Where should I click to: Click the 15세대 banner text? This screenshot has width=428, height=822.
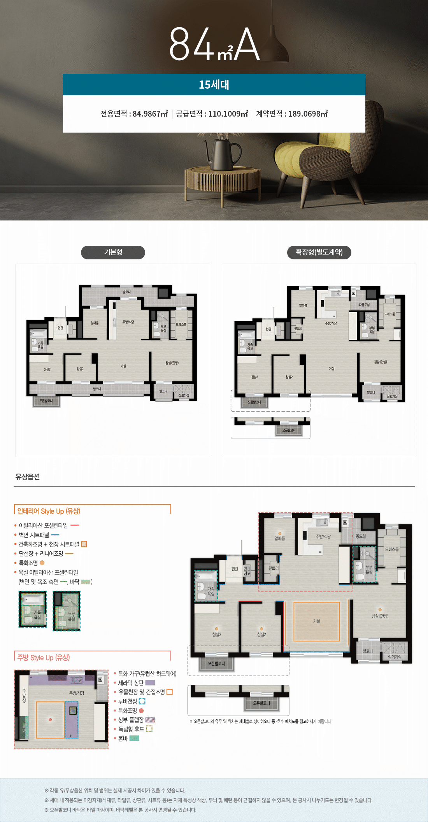click(214, 85)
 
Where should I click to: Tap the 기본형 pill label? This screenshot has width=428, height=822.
click(113, 252)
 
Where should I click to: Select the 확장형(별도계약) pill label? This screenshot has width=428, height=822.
click(319, 252)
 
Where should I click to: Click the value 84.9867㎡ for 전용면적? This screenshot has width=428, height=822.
click(150, 114)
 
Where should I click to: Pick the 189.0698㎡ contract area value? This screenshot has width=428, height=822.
click(308, 114)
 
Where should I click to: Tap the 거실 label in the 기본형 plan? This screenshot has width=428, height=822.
click(123, 366)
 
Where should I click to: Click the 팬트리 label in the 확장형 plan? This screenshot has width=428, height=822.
click(298, 329)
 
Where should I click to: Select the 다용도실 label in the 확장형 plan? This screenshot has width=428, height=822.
click(364, 305)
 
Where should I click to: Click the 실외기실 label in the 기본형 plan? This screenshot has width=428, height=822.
click(184, 396)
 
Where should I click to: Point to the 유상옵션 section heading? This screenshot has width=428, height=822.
click(28, 477)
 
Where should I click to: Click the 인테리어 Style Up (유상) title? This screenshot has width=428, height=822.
click(49, 511)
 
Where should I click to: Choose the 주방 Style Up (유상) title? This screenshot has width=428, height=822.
click(44, 658)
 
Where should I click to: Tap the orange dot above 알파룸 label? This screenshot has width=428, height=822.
click(280, 533)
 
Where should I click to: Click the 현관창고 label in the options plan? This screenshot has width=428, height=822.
click(247, 571)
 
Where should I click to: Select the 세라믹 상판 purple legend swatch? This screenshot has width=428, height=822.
click(150, 683)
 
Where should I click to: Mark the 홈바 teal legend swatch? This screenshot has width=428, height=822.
click(134, 738)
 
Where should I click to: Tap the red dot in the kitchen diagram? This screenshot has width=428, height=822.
click(50, 720)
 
